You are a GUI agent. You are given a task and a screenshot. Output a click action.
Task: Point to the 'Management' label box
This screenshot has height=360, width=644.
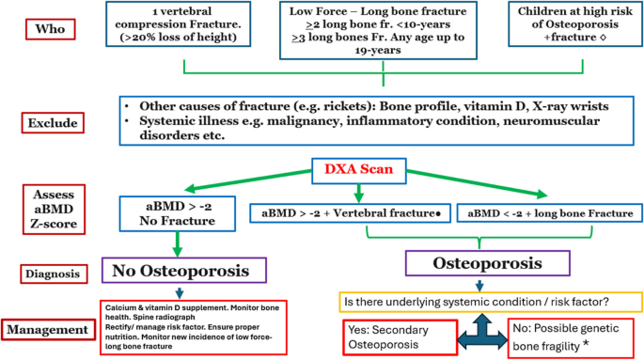tap(51, 329)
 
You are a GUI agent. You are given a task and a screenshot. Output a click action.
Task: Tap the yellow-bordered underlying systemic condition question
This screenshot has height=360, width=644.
tap(482, 301)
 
